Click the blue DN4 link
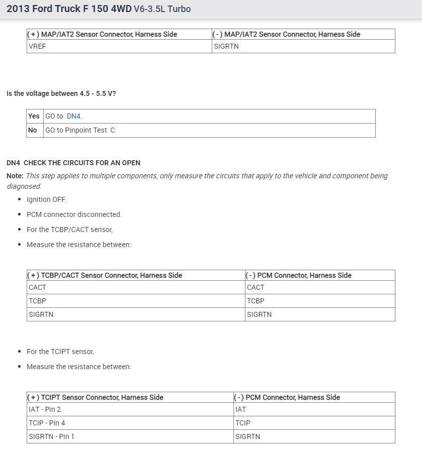(73, 116)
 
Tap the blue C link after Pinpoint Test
(113, 130)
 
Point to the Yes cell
(34, 116)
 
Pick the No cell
(33, 130)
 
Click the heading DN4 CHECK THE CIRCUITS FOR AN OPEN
(73, 163)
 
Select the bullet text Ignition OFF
(46, 199)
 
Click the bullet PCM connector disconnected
(74, 214)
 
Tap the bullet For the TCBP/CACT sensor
(69, 230)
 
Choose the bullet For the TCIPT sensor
(60, 352)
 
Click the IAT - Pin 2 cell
(45, 409)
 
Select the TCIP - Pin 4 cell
(47, 423)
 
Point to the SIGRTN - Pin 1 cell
(51, 436)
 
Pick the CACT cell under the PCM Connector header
(256, 287)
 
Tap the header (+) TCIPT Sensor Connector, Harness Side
(96, 397)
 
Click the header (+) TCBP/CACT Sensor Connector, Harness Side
(106, 275)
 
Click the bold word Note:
(15, 176)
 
